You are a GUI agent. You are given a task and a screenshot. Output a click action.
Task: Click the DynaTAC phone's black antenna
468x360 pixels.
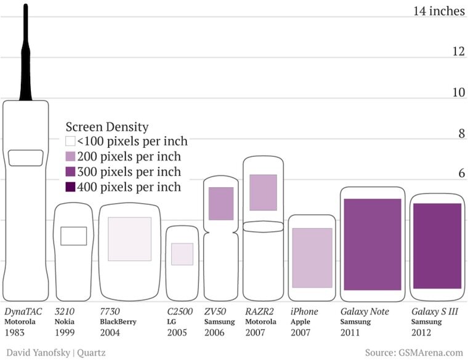pos(26,55)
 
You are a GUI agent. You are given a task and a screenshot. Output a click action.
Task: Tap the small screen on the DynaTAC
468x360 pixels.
pos(25,158)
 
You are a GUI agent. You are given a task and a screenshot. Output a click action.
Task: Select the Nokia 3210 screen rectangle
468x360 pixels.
pos(73,236)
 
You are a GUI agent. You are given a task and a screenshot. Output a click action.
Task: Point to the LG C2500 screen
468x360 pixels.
pos(182,254)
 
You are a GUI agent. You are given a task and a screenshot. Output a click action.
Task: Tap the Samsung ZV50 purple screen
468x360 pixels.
pos(221,203)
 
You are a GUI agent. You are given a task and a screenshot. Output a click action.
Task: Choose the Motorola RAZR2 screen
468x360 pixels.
pos(263,193)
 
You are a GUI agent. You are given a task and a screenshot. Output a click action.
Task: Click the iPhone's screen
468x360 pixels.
pos(312,257)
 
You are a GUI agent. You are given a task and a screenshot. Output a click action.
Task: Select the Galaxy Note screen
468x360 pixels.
pos(372,244)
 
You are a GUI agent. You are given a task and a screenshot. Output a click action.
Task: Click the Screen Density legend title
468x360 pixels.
pos(107,127)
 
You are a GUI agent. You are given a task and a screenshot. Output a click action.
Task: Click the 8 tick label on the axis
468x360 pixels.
pos(458,134)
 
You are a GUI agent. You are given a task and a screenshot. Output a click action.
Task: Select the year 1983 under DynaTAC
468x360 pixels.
pos(16,333)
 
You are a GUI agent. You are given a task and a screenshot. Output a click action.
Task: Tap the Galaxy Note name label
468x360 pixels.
pos(365,311)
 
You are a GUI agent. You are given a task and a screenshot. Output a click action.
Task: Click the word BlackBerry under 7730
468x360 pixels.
pos(118,322)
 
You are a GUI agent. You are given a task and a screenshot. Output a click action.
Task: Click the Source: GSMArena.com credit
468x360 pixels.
pos(413,353)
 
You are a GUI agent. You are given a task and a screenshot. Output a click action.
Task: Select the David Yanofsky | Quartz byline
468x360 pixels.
pos(54,353)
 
